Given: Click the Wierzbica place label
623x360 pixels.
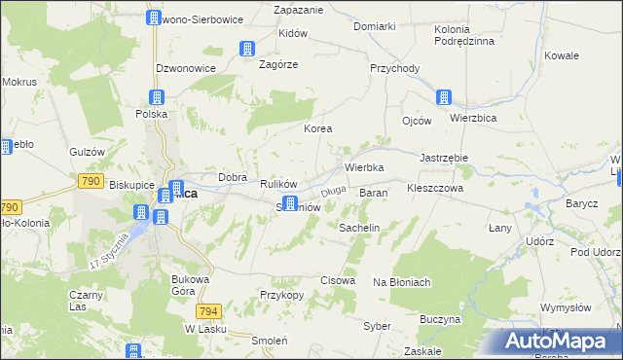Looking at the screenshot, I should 474,117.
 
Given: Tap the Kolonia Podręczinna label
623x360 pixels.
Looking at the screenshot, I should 464,35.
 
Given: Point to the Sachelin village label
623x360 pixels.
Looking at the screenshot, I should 358,227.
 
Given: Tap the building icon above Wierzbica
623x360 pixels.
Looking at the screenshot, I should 444,97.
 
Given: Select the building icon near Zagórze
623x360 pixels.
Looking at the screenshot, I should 247,48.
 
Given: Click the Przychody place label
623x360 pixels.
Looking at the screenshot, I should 394,68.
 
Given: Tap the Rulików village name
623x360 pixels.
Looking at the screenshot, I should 277,184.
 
